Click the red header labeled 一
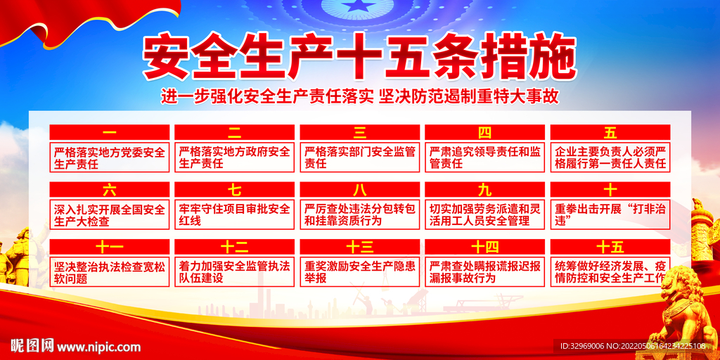[110, 132]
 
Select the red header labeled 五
[610, 132]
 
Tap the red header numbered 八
[360, 189]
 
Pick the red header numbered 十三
[360, 247]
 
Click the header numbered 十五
[610, 247]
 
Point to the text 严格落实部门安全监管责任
[360, 157]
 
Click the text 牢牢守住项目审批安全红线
[235, 215]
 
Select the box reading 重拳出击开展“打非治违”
[610, 215]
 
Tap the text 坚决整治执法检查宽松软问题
[110, 272]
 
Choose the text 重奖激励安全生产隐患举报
[360, 272]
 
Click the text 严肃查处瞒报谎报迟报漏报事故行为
[485, 272]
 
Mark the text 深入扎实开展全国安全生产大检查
[110, 215]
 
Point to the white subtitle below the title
[360, 96]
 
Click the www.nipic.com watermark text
[98, 347]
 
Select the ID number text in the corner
[633, 346]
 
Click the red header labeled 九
[485, 189]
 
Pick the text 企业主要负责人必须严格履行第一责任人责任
[610, 157]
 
